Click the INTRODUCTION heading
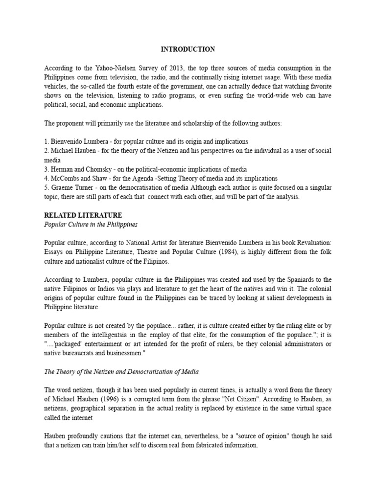(x=188, y=49)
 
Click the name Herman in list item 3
(x=64, y=169)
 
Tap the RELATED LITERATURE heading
(x=83, y=215)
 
